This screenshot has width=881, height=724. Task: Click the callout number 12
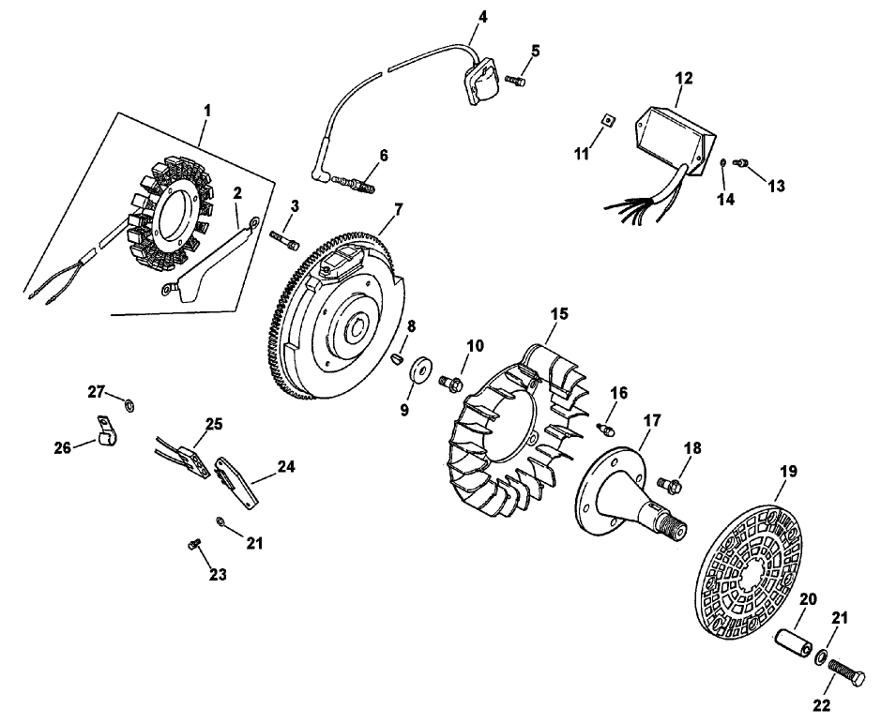click(683, 78)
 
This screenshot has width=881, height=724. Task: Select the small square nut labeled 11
click(607, 120)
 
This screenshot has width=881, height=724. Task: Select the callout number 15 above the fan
click(558, 314)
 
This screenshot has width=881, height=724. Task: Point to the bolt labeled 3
click(285, 238)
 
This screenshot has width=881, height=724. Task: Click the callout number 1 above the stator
click(206, 110)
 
